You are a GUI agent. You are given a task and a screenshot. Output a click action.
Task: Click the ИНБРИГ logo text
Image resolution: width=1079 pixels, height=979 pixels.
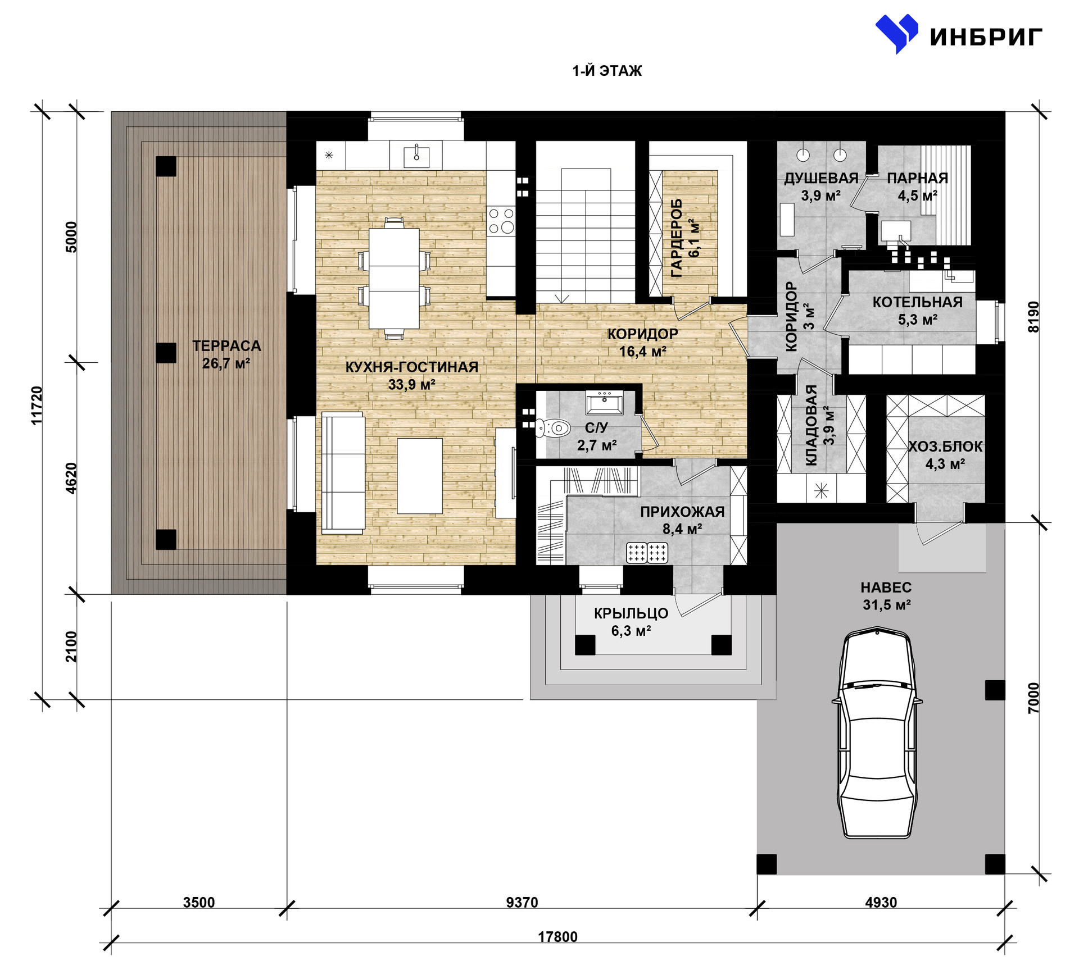coord(986,37)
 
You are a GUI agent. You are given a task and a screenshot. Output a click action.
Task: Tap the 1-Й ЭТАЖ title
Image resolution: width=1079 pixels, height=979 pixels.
coord(607,71)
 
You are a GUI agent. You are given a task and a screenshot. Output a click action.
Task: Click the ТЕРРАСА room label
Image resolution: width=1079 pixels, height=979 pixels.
coord(226,346)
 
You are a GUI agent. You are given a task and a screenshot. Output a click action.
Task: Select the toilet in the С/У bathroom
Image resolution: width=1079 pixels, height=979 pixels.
coord(553,429)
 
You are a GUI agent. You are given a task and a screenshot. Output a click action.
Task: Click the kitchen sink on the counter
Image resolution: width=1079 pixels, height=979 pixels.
coord(417,154)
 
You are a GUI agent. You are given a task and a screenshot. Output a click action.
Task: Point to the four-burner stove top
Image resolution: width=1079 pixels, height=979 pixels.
coord(501,220)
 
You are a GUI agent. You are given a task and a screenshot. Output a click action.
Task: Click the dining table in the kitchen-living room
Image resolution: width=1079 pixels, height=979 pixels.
coord(394,279)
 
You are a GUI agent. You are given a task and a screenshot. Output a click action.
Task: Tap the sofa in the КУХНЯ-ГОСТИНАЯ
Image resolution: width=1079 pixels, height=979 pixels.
coord(343,472)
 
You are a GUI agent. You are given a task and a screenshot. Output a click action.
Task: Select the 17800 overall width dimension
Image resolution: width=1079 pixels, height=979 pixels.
coord(557,937)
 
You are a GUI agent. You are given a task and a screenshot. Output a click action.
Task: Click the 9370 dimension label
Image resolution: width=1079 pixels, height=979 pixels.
coord(522,903)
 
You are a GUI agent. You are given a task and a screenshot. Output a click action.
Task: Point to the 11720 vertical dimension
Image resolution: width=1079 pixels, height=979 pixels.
coord(37,405)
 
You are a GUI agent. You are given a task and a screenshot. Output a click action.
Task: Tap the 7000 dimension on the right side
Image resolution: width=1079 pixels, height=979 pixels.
coord(1033,698)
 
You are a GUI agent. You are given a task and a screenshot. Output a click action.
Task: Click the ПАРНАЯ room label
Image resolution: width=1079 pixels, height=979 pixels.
coord(918,178)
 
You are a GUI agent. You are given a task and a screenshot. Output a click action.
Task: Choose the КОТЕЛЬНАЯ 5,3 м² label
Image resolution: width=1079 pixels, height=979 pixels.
coord(918,311)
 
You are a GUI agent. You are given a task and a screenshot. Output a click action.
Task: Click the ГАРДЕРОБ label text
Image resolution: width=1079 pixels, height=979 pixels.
coord(677,238)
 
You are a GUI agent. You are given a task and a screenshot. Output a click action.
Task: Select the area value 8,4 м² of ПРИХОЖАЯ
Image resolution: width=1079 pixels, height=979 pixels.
coord(682,529)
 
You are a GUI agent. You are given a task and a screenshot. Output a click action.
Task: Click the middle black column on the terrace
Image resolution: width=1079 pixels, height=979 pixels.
coord(166,353)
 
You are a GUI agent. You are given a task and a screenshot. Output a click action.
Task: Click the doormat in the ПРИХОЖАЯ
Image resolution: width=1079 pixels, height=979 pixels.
coord(647,553)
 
